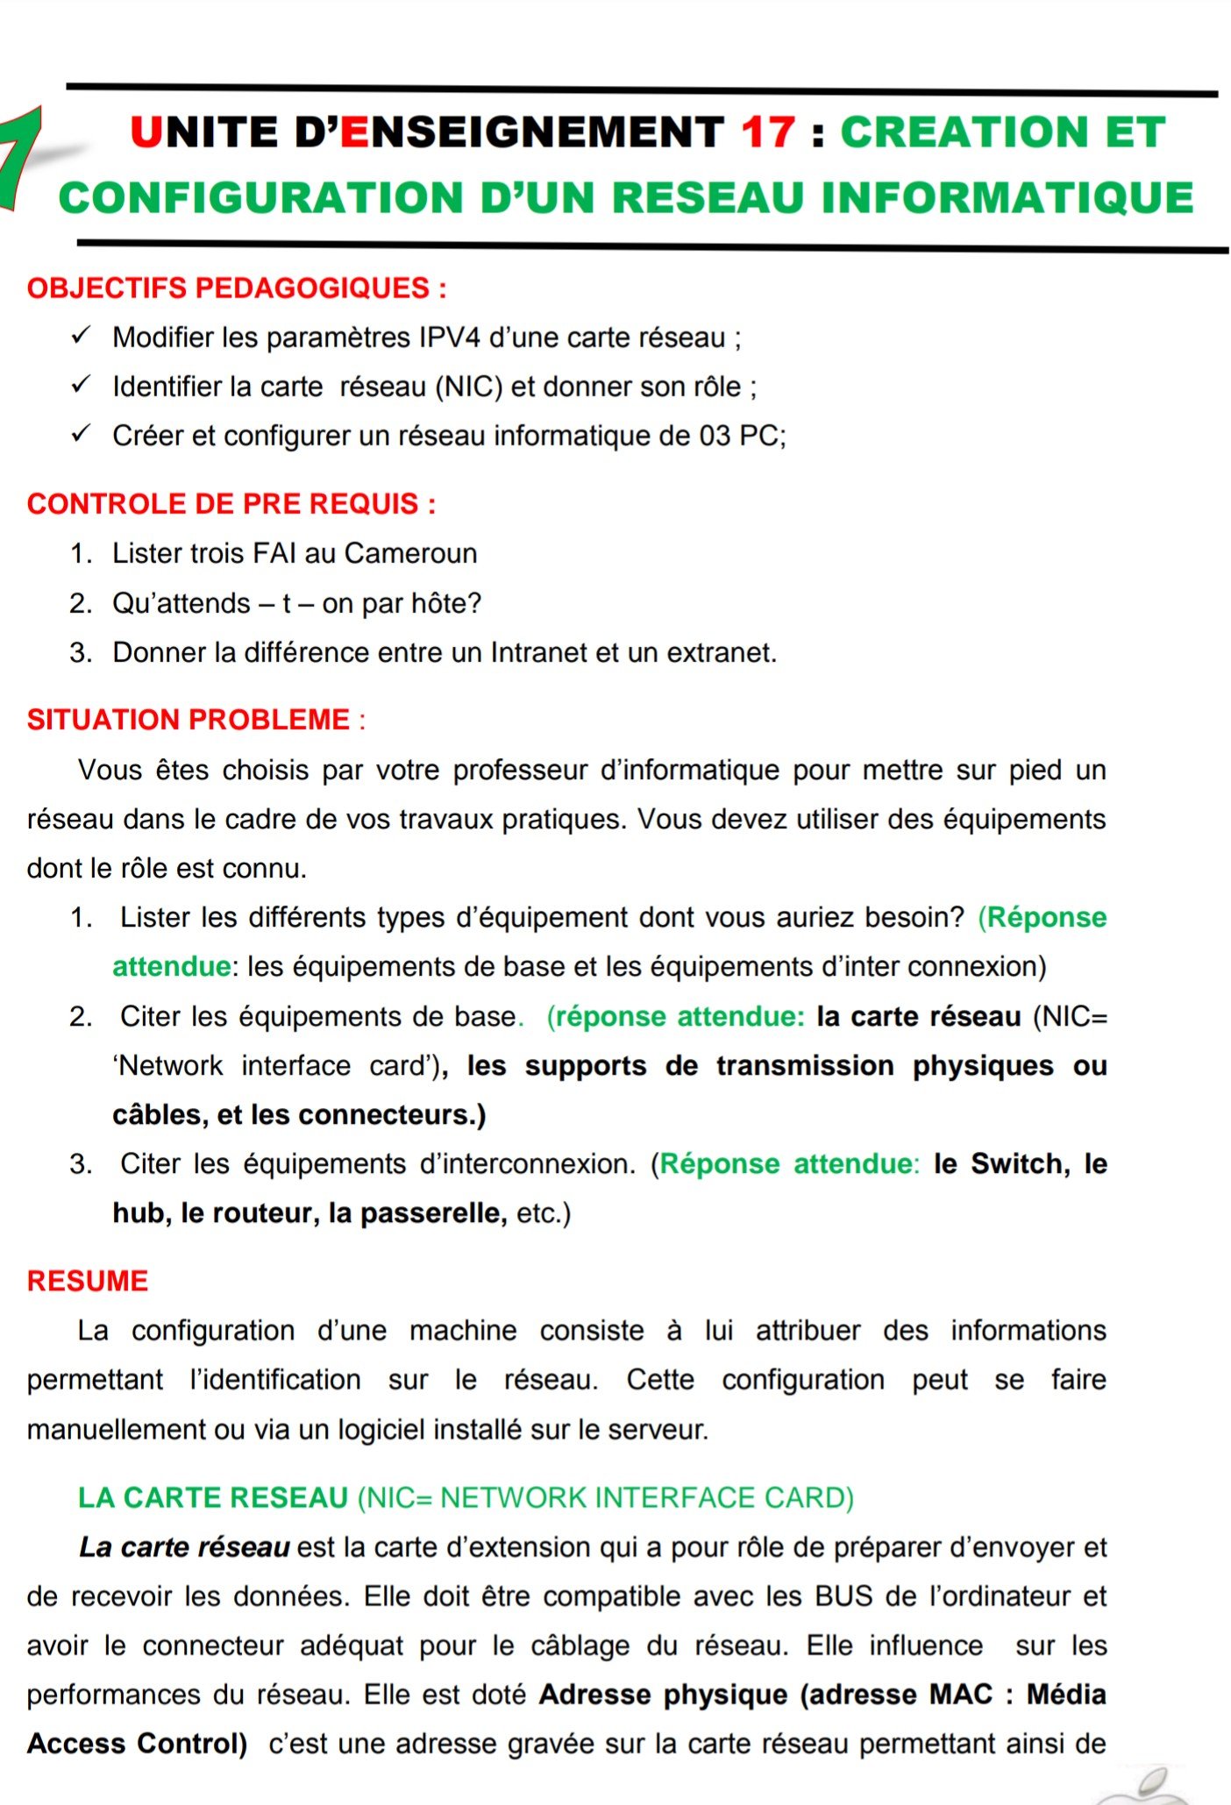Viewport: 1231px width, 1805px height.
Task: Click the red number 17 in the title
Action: (768, 133)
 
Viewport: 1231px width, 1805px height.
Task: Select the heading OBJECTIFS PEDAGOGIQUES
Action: (237, 288)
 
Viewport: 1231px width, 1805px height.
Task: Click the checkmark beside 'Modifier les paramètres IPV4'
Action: (82, 336)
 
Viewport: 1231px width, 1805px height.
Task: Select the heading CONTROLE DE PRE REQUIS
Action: (231, 504)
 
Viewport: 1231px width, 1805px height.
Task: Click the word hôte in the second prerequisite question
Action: (450, 603)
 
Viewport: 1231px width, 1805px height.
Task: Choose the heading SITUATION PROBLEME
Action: (189, 720)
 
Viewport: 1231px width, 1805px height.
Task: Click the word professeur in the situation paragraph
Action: (519, 770)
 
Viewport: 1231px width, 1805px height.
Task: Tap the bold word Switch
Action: (1016, 1163)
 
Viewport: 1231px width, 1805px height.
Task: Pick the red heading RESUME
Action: (88, 1281)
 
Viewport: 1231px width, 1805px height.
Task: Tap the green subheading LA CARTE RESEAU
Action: (213, 1497)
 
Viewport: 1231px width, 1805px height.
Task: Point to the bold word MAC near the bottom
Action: (961, 1694)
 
